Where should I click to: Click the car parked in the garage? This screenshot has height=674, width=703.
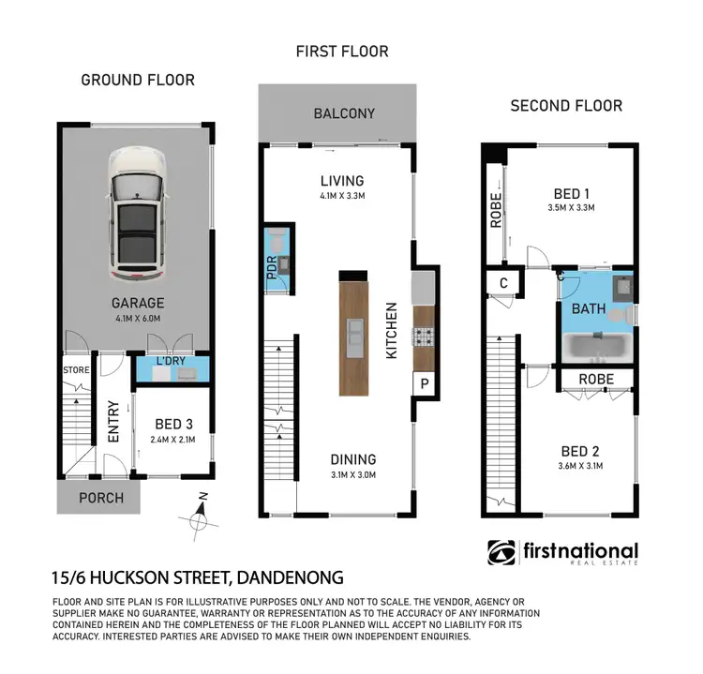pos(137,215)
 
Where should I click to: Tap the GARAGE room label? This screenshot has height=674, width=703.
pos(137,303)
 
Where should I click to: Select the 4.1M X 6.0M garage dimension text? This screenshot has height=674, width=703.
pos(137,318)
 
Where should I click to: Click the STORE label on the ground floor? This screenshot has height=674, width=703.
pos(76,370)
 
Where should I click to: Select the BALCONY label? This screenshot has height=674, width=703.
pos(344,113)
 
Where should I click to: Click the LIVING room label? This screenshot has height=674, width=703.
pos(340,181)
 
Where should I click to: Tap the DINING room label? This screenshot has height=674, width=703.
pos(352,459)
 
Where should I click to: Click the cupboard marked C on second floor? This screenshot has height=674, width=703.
pos(503,283)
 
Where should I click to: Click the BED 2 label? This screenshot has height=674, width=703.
pos(576,451)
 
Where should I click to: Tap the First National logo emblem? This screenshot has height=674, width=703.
pos(501,553)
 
